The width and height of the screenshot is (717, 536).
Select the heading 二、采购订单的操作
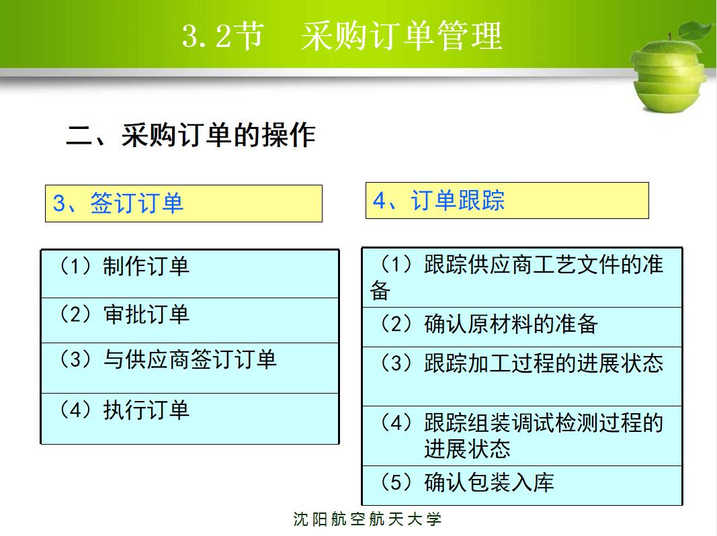191,135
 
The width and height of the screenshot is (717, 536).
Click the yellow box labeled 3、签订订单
183,204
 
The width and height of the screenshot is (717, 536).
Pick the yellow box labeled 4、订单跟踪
507,201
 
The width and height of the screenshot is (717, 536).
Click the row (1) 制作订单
189,273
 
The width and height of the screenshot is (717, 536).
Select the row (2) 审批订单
189,320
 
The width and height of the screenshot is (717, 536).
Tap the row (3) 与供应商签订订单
189,367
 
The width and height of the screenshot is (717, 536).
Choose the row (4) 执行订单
189,418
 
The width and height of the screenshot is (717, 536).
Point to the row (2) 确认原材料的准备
521,327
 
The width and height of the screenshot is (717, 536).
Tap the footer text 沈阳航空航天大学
368,519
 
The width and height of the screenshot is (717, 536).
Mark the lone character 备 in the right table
380,291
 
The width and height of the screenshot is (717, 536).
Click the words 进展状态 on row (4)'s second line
467,449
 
